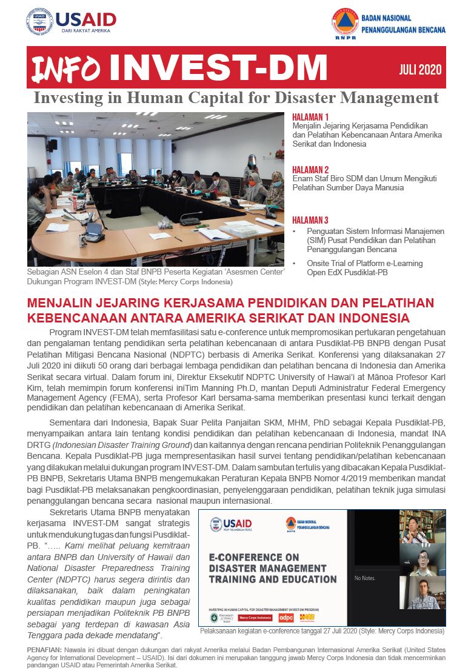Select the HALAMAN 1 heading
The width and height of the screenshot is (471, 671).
310,117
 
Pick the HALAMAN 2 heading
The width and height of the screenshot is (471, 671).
310,170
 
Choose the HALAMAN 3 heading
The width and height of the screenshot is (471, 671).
310,220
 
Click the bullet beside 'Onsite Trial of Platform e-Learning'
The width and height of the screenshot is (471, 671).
295,264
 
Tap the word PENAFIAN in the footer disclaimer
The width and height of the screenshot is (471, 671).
44,649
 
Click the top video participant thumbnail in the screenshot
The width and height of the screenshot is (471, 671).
423,527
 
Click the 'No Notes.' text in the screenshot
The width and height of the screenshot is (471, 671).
365,578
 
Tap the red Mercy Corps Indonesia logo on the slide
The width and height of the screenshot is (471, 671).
254,618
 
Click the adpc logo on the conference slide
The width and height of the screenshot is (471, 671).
286,618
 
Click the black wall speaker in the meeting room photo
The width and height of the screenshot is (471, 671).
53,145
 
